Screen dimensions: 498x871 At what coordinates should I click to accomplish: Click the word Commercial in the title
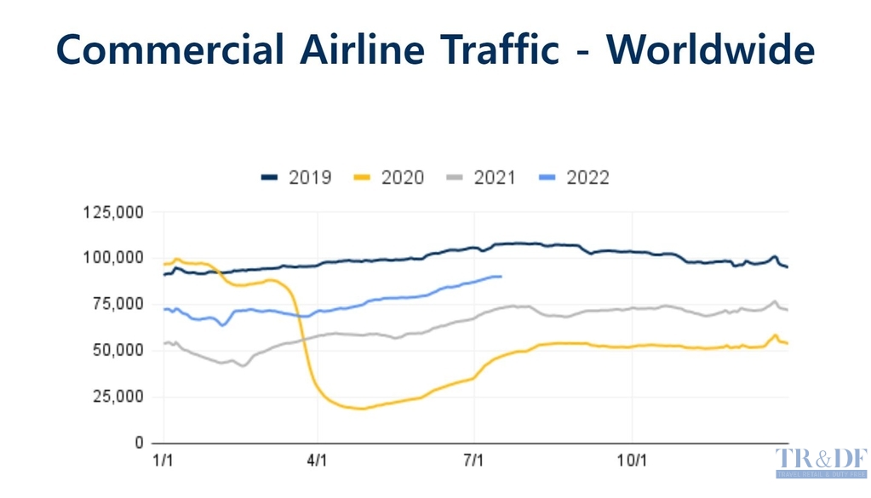169,49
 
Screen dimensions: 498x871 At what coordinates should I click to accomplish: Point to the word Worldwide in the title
710,49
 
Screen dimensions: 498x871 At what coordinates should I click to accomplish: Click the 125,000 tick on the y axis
113,212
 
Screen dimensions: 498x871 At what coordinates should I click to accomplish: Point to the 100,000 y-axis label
113,258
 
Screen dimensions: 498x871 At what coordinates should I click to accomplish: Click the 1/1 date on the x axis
162,461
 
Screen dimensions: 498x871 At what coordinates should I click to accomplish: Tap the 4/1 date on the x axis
318,461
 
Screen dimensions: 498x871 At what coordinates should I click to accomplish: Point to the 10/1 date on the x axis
631,461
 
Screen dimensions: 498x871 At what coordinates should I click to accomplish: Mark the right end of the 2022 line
501,277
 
